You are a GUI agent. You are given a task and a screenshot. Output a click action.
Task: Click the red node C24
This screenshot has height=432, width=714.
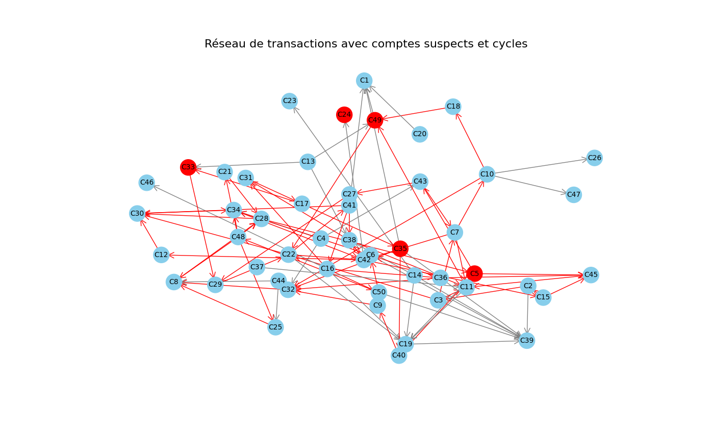click(x=344, y=115)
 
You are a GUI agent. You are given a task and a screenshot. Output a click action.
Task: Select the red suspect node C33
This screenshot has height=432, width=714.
click(x=188, y=167)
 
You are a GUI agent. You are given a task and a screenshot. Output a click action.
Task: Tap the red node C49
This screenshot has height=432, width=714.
click(x=375, y=120)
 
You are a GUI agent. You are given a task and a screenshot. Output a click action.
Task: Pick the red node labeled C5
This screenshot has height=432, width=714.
click(x=474, y=273)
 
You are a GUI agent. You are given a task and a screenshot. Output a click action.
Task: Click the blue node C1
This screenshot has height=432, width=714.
click(x=364, y=81)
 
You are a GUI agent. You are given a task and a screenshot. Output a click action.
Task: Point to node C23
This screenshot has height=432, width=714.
click(x=290, y=101)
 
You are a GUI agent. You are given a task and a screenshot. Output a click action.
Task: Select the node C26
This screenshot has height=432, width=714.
click(x=594, y=158)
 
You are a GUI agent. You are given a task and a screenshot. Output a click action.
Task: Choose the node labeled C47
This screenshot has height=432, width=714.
click(x=574, y=194)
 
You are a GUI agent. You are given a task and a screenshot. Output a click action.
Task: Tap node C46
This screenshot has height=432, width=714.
click(x=147, y=183)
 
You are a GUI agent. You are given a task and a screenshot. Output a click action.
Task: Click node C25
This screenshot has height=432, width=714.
click(x=275, y=327)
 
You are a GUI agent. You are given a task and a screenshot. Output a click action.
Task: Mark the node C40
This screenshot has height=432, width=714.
click(x=399, y=355)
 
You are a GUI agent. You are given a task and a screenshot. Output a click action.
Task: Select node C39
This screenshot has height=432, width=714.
click(x=527, y=340)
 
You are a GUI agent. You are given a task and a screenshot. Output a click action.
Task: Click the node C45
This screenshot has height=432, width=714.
click(x=591, y=275)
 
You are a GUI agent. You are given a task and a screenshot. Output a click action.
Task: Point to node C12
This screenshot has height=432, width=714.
click(x=161, y=255)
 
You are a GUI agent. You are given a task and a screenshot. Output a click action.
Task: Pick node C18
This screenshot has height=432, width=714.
click(x=453, y=107)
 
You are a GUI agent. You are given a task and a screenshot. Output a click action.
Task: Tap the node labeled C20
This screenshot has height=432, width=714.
click(x=420, y=134)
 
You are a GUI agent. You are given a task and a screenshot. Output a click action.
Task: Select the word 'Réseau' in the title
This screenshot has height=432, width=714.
click(x=222, y=44)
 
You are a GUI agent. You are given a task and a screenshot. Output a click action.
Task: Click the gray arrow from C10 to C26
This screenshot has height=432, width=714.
click(x=541, y=167)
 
